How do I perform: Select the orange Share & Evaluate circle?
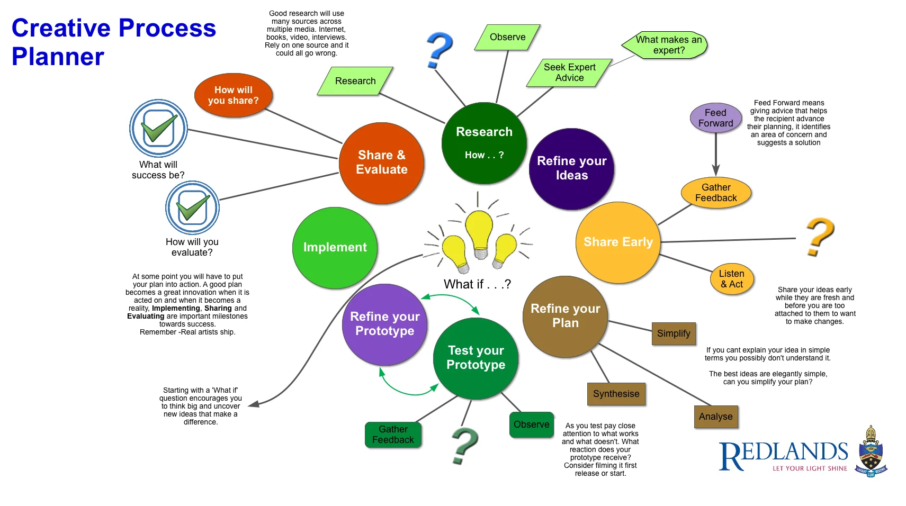[381, 163]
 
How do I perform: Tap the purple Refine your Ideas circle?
[571, 168]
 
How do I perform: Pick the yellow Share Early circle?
[618, 242]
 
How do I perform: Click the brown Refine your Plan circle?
[565, 316]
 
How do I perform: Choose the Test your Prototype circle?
[476, 358]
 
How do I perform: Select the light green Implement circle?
[335, 248]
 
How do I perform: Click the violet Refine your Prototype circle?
[384, 324]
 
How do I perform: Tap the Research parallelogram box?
[355, 81]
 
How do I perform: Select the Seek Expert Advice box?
[569, 73]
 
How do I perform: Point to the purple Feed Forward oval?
[715, 118]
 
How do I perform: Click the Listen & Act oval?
[731, 279]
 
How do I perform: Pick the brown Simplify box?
[674, 333]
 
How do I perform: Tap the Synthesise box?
[616, 394]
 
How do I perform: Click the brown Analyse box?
[715, 417]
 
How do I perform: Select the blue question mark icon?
[439, 50]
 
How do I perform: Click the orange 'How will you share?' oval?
[234, 95]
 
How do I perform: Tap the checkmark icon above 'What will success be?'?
[158, 128]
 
